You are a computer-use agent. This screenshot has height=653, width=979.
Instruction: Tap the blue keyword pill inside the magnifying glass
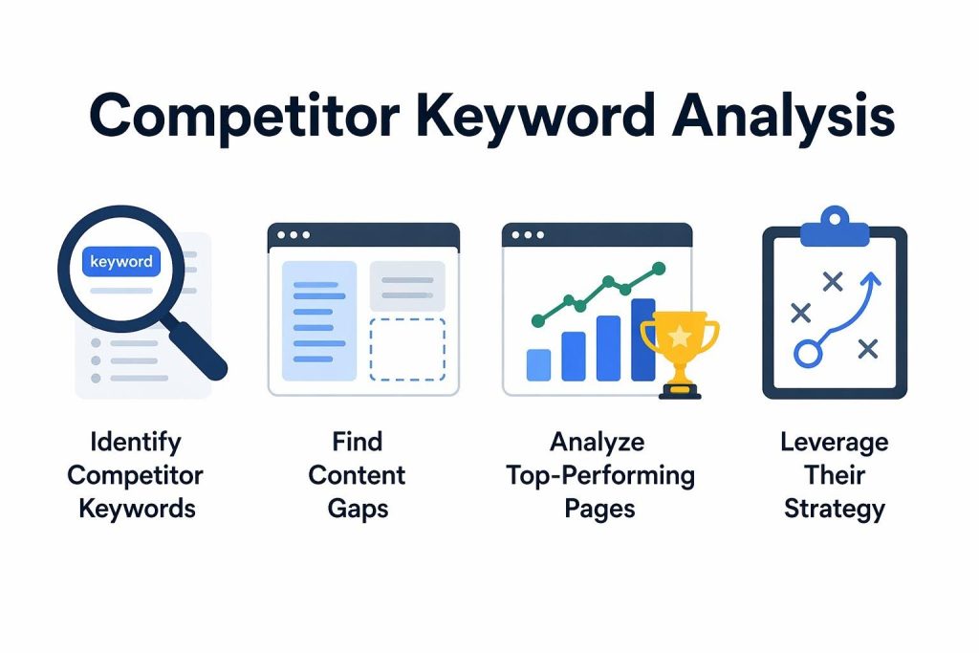(120, 262)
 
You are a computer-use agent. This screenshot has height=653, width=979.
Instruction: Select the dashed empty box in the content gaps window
(406, 349)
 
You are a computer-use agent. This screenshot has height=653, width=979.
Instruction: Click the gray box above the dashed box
(406, 284)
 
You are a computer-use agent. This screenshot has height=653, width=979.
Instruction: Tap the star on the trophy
(679, 336)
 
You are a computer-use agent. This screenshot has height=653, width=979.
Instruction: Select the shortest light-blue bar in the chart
(538, 364)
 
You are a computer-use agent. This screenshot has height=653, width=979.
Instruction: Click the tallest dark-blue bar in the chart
(642, 338)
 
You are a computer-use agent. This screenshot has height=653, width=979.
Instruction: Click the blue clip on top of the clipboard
(833, 228)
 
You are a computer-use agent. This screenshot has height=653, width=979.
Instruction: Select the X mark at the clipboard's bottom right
(867, 349)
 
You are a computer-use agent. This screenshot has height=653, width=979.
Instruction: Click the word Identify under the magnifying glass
(135, 443)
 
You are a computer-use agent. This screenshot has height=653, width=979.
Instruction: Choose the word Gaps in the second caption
(357, 507)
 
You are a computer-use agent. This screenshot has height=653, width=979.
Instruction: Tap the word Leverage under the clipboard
(834, 443)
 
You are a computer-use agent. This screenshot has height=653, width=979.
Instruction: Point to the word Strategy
(834, 507)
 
